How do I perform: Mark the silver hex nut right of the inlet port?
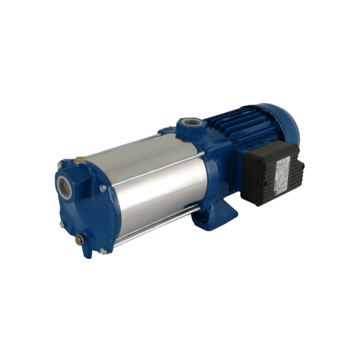click(103, 188)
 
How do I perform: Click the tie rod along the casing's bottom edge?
click(158, 220)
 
